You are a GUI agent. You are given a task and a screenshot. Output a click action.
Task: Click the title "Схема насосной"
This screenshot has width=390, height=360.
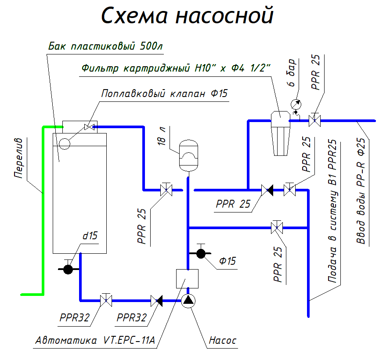click(x=188, y=16)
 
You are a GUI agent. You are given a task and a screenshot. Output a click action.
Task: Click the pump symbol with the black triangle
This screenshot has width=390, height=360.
click(x=188, y=301)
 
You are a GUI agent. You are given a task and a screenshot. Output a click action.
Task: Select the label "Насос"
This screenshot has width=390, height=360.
click(x=222, y=340)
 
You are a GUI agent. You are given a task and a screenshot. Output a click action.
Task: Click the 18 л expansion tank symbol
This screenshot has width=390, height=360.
click(x=188, y=155)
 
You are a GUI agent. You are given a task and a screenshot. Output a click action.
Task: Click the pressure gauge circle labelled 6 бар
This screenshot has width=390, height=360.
click(x=295, y=104)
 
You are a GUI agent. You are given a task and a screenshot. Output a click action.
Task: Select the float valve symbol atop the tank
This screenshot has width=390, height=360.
click(x=90, y=127)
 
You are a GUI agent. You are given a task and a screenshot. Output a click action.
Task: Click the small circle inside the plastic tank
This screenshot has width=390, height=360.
click(x=65, y=143)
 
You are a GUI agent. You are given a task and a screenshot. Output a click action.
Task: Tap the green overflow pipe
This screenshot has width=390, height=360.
click(x=43, y=211)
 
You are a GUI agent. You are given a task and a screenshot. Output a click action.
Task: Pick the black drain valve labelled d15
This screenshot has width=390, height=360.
click(x=68, y=269)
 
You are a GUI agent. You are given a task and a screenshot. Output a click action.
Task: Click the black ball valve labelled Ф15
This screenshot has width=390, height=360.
click(x=201, y=253)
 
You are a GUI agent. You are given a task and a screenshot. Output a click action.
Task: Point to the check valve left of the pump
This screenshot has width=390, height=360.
click(x=156, y=301)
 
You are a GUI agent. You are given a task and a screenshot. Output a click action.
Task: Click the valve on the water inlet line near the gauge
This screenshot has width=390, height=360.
click(x=314, y=120)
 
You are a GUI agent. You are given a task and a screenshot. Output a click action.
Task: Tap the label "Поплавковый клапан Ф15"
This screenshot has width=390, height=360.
click(x=164, y=94)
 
